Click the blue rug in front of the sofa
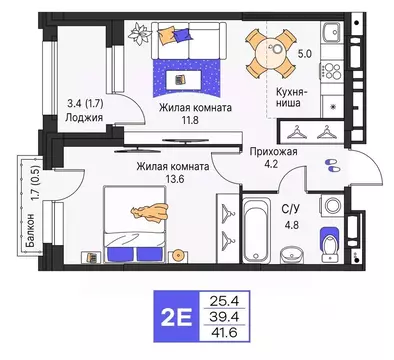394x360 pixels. [x=186, y=76]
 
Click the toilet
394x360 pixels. [x=328, y=243]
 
